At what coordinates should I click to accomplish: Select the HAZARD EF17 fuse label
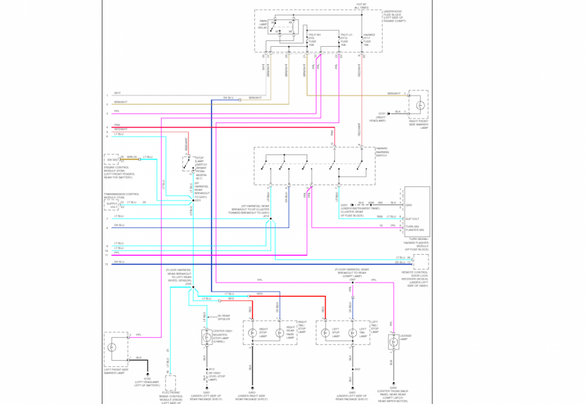(369, 39)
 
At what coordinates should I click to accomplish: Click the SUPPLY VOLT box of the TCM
(112, 204)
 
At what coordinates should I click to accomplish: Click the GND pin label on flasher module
(408, 205)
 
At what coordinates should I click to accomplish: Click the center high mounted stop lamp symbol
(205, 338)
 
